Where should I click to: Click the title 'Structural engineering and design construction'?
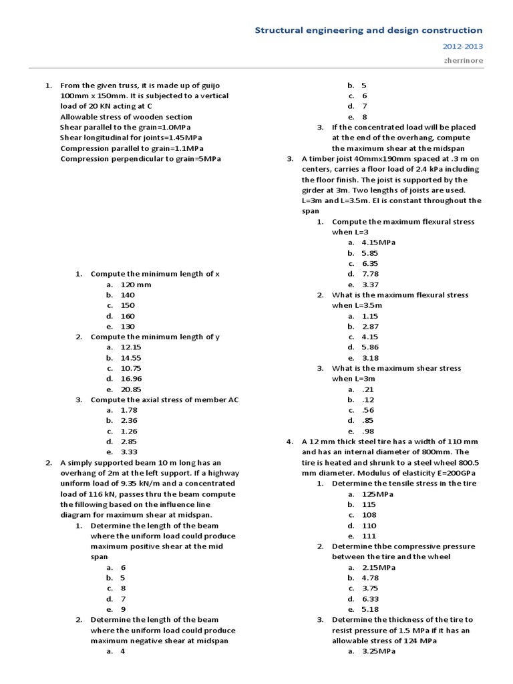click(x=369, y=30)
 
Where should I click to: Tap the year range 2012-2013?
click(x=462, y=47)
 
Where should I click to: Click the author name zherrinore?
click(x=464, y=60)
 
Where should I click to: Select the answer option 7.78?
click(x=370, y=274)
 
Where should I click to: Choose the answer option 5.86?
click(x=370, y=347)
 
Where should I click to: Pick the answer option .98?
click(x=367, y=431)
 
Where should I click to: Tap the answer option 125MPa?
click(x=377, y=494)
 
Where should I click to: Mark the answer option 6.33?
click(x=370, y=599)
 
